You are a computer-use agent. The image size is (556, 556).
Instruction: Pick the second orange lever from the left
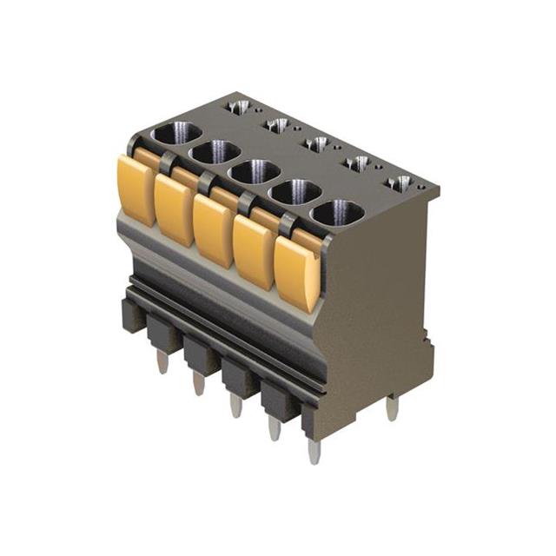pyautogui.click(x=174, y=208)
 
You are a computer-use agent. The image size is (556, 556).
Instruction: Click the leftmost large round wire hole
pyautogui.click(x=176, y=134)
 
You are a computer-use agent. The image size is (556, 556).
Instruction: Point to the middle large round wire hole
pyautogui.click(x=255, y=171)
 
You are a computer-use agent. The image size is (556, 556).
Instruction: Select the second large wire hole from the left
pyautogui.click(x=215, y=152)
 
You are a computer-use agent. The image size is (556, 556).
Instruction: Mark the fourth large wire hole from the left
pyautogui.click(x=295, y=191)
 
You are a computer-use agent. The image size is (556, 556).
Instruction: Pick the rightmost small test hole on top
pyautogui.click(x=400, y=183)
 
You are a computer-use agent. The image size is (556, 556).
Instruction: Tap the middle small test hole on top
pyautogui.click(x=318, y=143)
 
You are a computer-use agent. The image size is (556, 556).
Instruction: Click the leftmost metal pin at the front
pyautogui.click(x=162, y=361)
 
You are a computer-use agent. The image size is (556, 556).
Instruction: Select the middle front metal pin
pyautogui.click(x=236, y=405)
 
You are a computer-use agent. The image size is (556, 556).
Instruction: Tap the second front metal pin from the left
pyautogui.click(x=199, y=383)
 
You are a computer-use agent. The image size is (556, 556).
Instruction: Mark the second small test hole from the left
pyautogui.click(x=278, y=125)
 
